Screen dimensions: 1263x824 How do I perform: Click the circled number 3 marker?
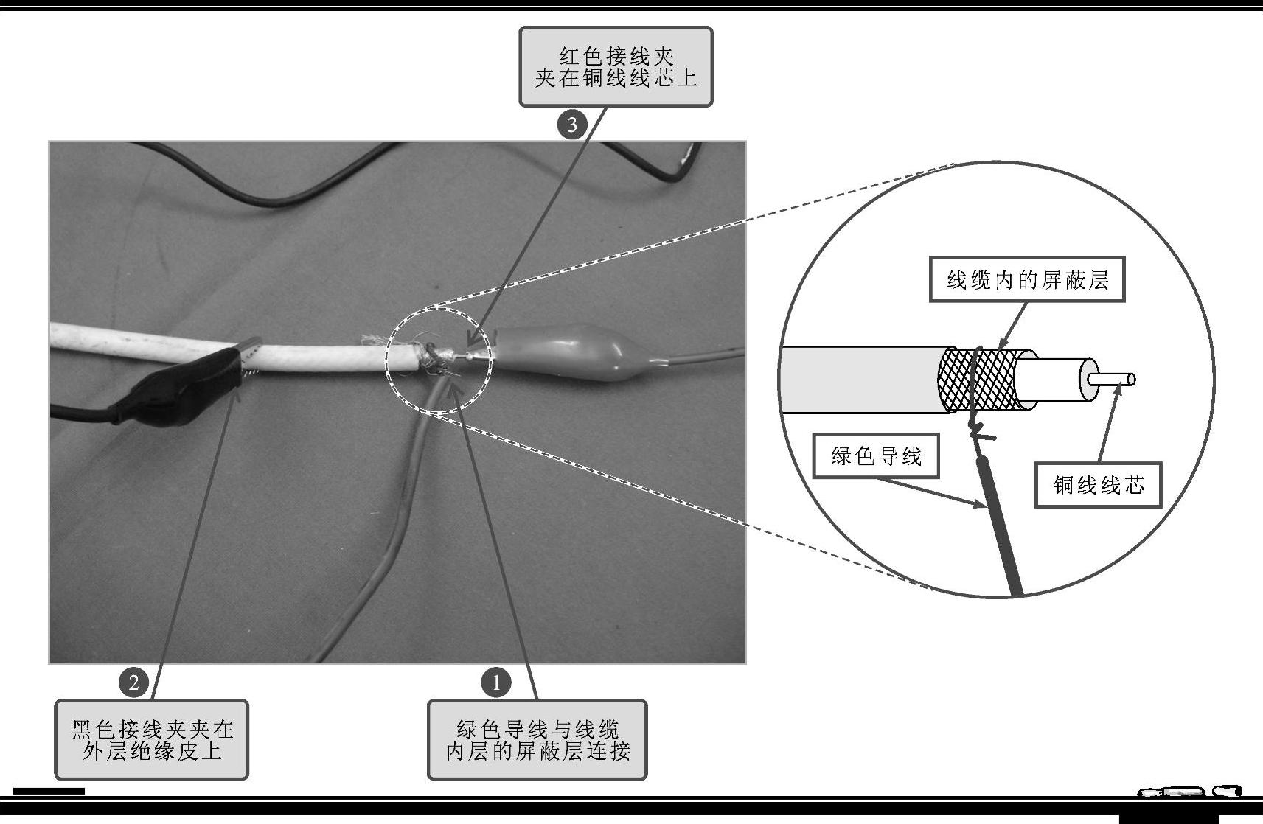pyautogui.click(x=572, y=125)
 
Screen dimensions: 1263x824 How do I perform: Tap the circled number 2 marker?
pyautogui.click(x=133, y=682)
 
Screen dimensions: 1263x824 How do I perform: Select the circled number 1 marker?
pyautogui.click(x=496, y=682)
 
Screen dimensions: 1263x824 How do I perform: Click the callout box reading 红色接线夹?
pyautogui.click(x=616, y=66)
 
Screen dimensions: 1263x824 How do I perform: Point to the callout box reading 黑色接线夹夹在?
pyautogui.click(x=152, y=739)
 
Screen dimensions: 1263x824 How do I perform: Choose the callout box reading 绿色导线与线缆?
pyautogui.click(x=537, y=739)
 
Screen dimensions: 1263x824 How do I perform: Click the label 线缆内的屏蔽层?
pyautogui.click(x=1027, y=279)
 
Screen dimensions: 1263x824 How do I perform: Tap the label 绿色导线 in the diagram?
pyautogui.click(x=876, y=455)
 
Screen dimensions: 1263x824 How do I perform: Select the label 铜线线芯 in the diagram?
pyautogui.click(x=1099, y=485)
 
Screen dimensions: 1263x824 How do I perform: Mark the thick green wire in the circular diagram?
pyautogui.click(x=1001, y=527)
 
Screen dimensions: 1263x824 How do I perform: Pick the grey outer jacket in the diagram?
pyautogui.click(x=863, y=380)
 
